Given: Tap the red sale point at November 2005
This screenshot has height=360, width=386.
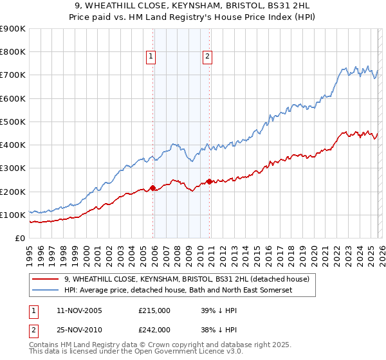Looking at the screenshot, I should point(152,188).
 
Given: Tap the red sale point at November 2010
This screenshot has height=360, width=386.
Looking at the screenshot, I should point(210,181).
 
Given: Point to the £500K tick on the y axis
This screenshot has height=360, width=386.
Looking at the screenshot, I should point(14,122).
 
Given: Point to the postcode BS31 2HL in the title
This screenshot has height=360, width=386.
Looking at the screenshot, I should point(282,4).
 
